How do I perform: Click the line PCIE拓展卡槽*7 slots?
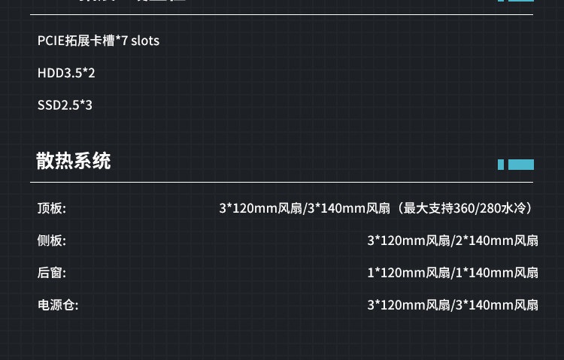[x=99, y=41]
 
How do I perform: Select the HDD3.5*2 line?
[x=66, y=73]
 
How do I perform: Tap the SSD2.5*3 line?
[x=65, y=105]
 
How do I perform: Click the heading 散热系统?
[x=74, y=162]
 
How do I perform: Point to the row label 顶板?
[x=52, y=208]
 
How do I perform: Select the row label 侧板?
[x=52, y=241]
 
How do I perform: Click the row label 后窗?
[x=52, y=273]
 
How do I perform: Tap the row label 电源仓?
[x=58, y=305]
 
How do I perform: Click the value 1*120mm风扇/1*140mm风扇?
[x=453, y=273]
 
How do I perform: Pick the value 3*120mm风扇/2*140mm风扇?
[x=453, y=241]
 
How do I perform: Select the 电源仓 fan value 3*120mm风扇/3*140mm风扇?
[x=453, y=305]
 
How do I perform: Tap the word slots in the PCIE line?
[x=145, y=41]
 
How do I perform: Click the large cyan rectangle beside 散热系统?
[x=521, y=165]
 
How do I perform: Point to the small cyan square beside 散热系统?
[x=501, y=165]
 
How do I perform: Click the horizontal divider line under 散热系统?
[x=282, y=181]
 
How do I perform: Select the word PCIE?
[x=51, y=41]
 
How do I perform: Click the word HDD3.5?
[x=59, y=73]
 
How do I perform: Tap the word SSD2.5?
[x=57, y=105]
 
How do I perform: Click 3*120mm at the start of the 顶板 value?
[x=241, y=208]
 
